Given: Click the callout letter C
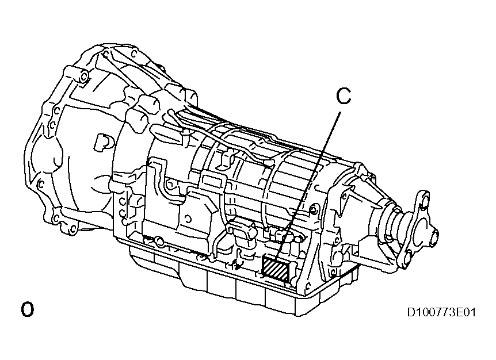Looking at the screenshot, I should [343, 97].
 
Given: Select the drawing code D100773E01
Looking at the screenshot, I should [441, 313].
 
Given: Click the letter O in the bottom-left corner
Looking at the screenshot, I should [27, 309].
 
